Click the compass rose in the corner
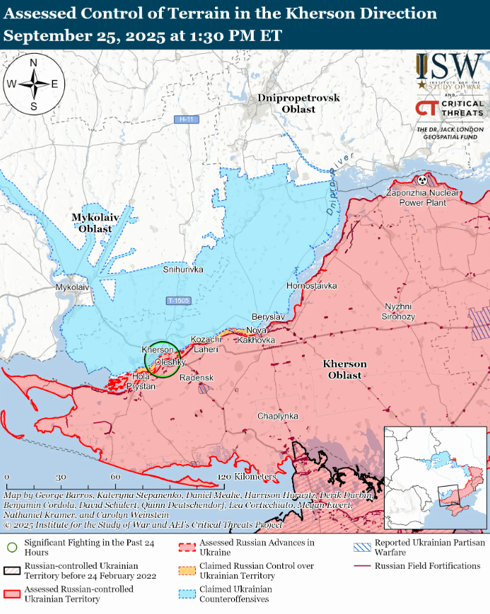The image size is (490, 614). click(x=33, y=83)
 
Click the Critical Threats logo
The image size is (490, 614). click(x=450, y=108)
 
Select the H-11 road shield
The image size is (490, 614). click(x=187, y=120)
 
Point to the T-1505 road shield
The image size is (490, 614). click(x=178, y=301)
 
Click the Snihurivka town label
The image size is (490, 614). click(x=183, y=270)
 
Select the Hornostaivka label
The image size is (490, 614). click(x=311, y=286)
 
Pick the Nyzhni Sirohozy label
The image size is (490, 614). click(x=399, y=311)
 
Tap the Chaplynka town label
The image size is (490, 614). click(x=277, y=416)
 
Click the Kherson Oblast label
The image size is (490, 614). click(x=345, y=369)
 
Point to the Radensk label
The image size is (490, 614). click(x=197, y=378)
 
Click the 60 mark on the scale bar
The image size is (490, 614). click(x=115, y=477)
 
